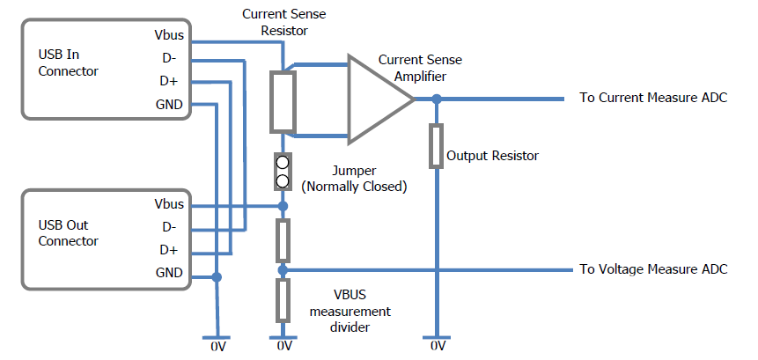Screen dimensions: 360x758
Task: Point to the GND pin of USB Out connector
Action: point(170,273)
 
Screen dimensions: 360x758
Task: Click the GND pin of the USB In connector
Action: point(169,105)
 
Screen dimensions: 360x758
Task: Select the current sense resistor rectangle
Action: point(283,100)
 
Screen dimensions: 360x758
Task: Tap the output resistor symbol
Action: point(435,146)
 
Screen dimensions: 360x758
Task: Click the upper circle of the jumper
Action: point(283,164)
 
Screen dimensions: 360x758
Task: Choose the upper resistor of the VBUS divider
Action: point(283,237)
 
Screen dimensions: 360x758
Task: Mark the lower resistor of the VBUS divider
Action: point(283,300)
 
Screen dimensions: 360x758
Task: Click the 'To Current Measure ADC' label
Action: point(652,98)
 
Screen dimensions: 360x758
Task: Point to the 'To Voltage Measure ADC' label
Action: point(652,269)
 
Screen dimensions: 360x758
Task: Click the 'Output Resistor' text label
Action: point(492,156)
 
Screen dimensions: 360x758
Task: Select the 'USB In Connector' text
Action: point(68,62)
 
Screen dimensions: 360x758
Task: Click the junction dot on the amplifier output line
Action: point(435,99)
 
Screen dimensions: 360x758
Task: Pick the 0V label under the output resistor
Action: point(436,348)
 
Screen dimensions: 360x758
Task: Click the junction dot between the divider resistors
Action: point(283,268)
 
